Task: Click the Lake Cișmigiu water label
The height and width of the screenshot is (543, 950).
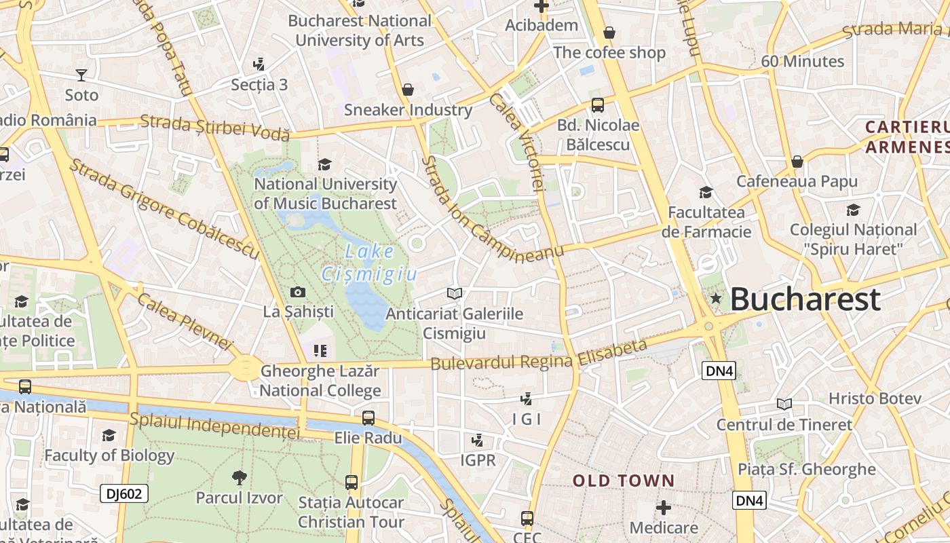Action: point(368,262)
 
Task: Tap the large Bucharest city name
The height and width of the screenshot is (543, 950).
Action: point(805,299)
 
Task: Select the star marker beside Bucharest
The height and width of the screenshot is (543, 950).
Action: point(715,298)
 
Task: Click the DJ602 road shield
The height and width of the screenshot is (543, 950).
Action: point(124,493)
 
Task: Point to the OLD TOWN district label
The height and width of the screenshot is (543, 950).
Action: point(624,481)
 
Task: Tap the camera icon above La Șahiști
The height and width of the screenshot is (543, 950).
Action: point(297,293)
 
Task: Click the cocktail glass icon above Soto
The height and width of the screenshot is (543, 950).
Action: point(81,75)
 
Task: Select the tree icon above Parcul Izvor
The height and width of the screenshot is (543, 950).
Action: point(239,478)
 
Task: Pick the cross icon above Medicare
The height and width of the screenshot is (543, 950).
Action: point(664,507)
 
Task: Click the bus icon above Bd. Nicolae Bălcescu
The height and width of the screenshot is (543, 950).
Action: point(598,105)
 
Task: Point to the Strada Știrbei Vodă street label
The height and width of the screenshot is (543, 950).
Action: point(215,127)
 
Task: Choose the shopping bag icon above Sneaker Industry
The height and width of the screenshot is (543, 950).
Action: point(408,90)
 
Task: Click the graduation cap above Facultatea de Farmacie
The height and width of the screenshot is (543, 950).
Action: point(706,193)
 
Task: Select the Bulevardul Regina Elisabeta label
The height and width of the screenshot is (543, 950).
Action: point(539,356)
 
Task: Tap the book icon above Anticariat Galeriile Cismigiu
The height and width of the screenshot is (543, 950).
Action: point(455,293)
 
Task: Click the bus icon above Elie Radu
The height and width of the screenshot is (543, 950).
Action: point(368,418)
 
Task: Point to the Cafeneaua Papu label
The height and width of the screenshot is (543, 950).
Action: point(797,181)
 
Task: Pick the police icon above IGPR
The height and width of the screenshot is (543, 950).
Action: point(478,440)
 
